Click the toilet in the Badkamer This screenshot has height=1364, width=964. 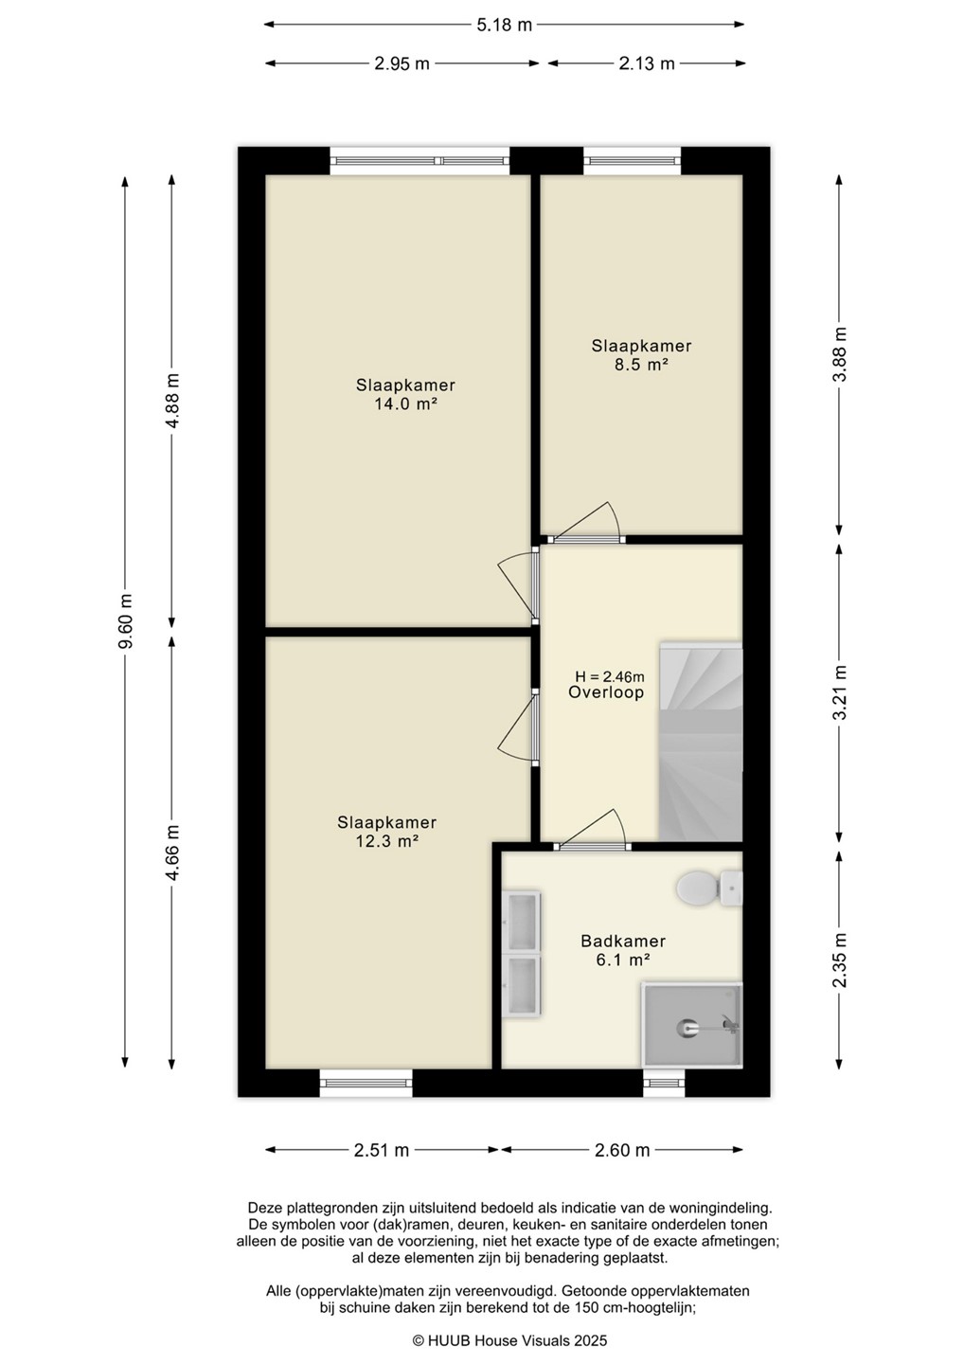(709, 888)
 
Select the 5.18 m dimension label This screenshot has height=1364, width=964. (504, 25)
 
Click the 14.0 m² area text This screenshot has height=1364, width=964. (406, 404)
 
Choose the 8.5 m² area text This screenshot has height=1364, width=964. (641, 366)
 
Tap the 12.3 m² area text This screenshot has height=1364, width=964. (387, 841)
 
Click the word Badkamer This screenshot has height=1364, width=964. (623, 942)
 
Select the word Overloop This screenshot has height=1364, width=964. (606, 692)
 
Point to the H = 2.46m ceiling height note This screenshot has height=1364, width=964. (610, 676)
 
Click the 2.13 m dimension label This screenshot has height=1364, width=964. (647, 63)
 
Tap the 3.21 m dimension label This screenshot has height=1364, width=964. (840, 692)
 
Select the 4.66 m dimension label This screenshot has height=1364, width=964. (173, 852)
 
